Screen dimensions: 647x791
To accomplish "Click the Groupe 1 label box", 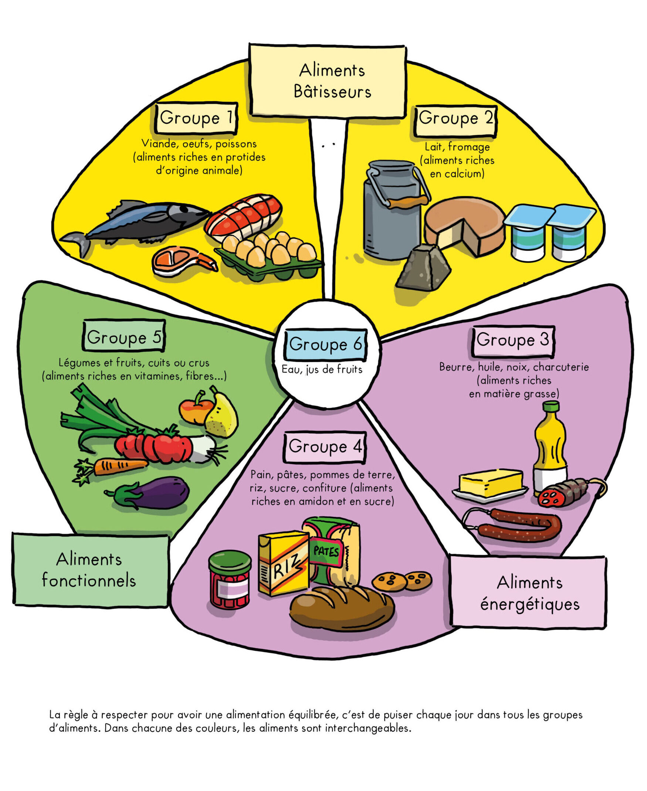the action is pyautogui.click(x=196, y=118).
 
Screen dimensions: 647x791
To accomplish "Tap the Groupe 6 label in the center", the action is pyautogui.click(x=325, y=344).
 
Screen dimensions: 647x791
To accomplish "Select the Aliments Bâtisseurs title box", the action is pyautogui.click(x=327, y=81).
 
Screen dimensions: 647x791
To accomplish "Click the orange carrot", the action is pyautogui.click(x=112, y=467).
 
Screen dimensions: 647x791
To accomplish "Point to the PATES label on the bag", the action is pyautogui.click(x=326, y=551).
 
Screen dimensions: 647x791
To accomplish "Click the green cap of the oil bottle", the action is pyautogui.click(x=551, y=406).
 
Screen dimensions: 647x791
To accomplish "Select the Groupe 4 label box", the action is pyautogui.click(x=325, y=447).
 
